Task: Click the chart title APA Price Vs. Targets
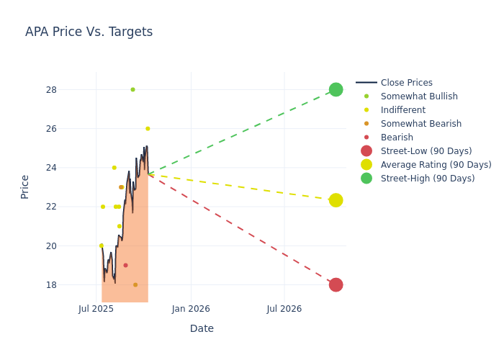point(89,32)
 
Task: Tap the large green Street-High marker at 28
point(336,89)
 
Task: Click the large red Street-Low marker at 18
point(336,284)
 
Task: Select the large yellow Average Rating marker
point(336,200)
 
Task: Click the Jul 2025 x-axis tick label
point(96,309)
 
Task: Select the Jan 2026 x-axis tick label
point(191,309)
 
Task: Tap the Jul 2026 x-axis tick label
point(284,309)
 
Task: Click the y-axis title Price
point(25,186)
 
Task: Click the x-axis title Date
point(202,328)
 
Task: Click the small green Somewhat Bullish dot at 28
point(132,89)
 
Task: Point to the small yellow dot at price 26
point(148,129)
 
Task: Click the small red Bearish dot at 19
point(125,265)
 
